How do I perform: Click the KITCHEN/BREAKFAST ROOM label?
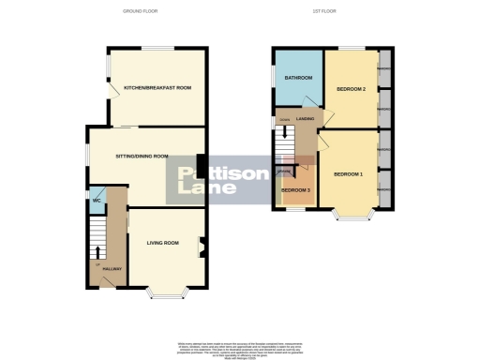[157, 88]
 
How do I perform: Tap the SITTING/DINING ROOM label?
[142, 157]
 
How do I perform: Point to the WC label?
[97, 201]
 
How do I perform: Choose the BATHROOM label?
[298, 78]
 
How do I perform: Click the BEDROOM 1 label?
[348, 174]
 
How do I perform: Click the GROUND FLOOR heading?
[140, 11]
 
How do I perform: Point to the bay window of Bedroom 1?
[351, 221]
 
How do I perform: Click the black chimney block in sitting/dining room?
[201, 164]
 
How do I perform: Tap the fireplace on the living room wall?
[202, 247]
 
